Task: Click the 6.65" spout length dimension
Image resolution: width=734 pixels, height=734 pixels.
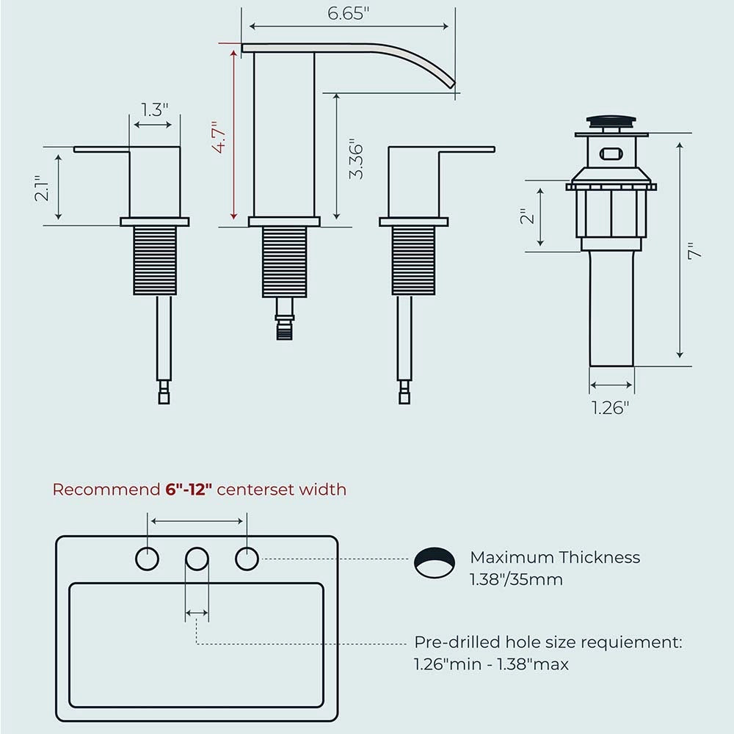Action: [x=348, y=13]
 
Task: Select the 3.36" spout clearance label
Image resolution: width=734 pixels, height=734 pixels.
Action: [x=356, y=159]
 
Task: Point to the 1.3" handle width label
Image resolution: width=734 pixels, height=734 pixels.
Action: [x=154, y=109]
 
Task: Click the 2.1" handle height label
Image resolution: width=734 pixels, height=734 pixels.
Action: [x=42, y=188]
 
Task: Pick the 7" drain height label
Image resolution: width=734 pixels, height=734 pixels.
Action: [x=696, y=251]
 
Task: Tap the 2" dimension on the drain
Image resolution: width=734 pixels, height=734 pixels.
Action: [x=527, y=217]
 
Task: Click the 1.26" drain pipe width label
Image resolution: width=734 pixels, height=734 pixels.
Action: [x=611, y=408]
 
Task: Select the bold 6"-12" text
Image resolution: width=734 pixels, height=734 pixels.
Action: [x=189, y=490]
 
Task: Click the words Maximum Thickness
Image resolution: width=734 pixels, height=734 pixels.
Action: [x=555, y=557]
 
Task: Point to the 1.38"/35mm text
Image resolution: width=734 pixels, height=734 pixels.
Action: [x=516, y=580]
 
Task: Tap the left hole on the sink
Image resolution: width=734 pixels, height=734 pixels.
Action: [x=147, y=559]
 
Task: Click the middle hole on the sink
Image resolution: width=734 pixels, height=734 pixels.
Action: [x=197, y=559]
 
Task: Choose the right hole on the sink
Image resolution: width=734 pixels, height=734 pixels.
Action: [x=247, y=559]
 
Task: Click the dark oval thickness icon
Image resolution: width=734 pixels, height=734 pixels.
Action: [x=435, y=562]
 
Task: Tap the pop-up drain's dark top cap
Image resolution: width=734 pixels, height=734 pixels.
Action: [x=611, y=122]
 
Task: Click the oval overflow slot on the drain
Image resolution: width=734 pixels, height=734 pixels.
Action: [x=612, y=153]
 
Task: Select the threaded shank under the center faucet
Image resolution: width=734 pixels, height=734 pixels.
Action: [x=284, y=262]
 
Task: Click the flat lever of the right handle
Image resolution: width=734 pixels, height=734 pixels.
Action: [x=467, y=149]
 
